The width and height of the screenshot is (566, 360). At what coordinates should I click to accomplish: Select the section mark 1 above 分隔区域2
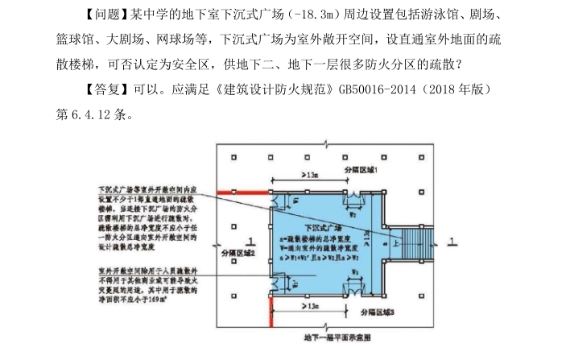click(x=251, y=240)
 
